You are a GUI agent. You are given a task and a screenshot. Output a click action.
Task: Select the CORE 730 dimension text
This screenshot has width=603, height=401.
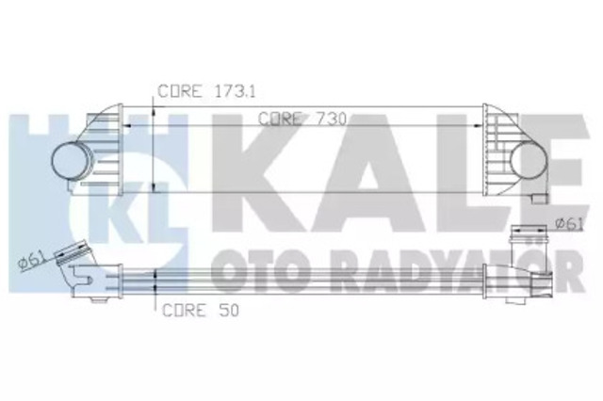296,119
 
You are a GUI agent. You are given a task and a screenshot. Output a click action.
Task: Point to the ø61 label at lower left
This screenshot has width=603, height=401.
31,263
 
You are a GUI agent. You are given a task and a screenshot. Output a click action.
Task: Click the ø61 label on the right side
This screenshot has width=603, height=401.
567,222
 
